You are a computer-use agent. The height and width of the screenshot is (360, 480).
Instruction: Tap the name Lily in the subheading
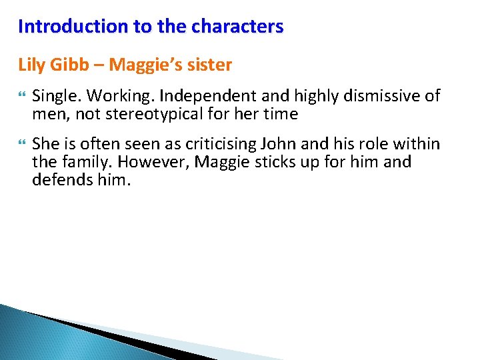click(x=30, y=65)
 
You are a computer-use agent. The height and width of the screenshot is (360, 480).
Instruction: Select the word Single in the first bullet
click(x=53, y=96)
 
